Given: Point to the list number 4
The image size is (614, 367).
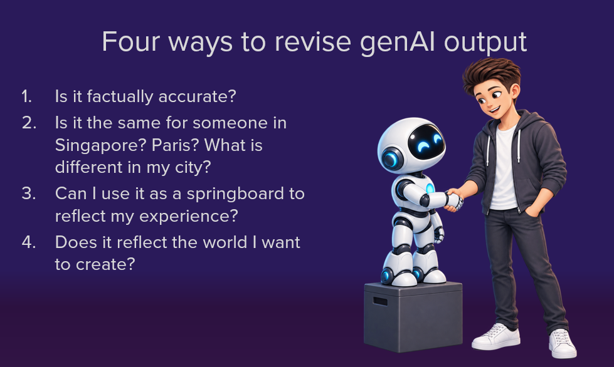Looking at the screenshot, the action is tap(29, 242).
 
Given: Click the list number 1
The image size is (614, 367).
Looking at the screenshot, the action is tap(26, 96).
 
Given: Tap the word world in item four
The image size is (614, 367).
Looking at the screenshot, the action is tap(221, 242).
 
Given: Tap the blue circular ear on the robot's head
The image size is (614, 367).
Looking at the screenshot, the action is tap(391, 159).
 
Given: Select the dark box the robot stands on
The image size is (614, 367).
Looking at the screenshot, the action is tap(413, 316).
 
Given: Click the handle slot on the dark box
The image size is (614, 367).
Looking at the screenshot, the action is tap(380, 301).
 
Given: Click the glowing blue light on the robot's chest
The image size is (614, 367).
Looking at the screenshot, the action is tap(430, 189).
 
